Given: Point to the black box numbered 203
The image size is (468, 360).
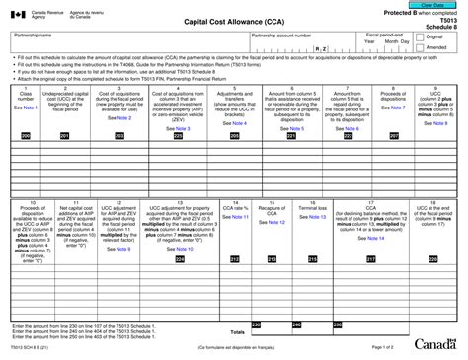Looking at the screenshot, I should coord(119,135).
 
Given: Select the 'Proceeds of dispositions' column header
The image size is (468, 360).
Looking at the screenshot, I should coord(392,96).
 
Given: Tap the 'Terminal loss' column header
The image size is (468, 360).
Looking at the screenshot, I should coord(312,209).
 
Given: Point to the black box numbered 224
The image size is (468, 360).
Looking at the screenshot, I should coord(179,259).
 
